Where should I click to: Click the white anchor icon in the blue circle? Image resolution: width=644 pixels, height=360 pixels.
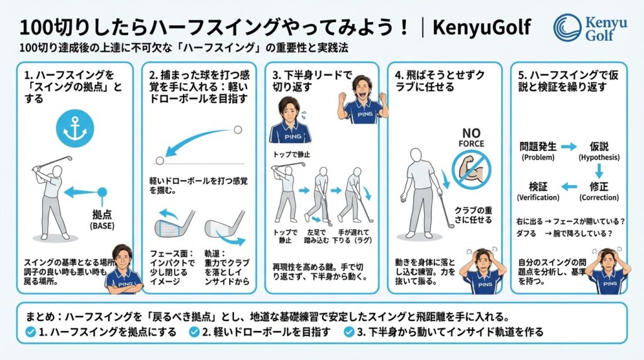[x=75, y=128]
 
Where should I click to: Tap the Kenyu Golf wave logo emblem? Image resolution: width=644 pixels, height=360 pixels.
[x=567, y=28]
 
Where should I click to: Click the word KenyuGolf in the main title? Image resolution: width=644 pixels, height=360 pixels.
[x=481, y=27]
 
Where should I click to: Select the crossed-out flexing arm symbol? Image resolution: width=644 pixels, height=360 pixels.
[x=471, y=169]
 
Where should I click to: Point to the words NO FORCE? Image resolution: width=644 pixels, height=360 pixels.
[x=471, y=138]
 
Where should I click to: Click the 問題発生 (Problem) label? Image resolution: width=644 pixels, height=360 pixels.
[x=538, y=151]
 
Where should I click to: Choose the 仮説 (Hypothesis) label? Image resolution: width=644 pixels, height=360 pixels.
[x=599, y=151]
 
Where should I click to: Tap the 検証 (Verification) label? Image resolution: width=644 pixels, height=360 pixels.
[x=538, y=191]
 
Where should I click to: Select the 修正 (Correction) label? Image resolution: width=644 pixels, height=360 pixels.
[x=599, y=191]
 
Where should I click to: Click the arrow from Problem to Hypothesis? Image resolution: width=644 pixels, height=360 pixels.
[x=569, y=147]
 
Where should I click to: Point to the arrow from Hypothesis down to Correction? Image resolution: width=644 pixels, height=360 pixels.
[x=599, y=171]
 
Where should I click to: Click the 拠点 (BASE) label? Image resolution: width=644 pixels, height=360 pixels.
[x=103, y=220]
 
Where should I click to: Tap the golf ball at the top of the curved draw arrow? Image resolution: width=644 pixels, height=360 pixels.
[x=237, y=130]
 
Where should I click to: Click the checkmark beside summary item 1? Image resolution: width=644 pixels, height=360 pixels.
[x=31, y=332]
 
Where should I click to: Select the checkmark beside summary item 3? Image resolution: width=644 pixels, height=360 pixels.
[x=349, y=332]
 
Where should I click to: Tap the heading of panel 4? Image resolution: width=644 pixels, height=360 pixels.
[x=440, y=81]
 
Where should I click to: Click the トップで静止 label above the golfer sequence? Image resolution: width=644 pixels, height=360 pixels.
[x=292, y=155]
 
